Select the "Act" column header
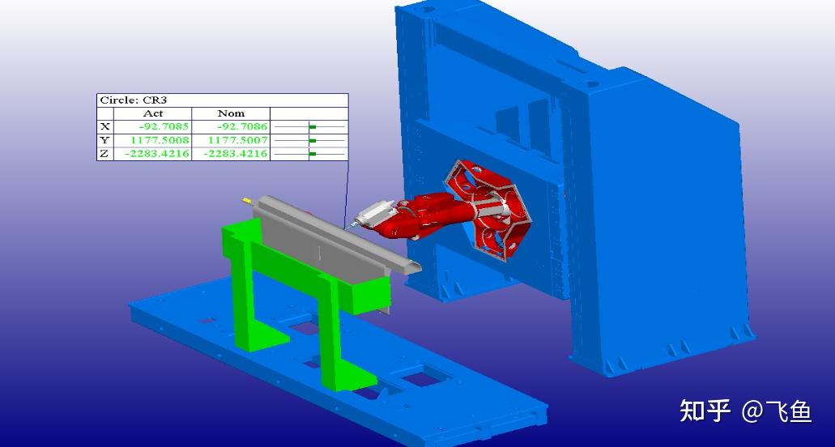(x=153, y=113)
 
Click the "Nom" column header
(x=231, y=113)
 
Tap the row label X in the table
(x=105, y=126)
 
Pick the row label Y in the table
(x=105, y=140)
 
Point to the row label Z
(x=105, y=154)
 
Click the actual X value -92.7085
(x=164, y=126)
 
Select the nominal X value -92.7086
(x=242, y=126)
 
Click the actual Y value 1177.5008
(x=160, y=140)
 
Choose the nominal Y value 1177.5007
(x=237, y=140)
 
